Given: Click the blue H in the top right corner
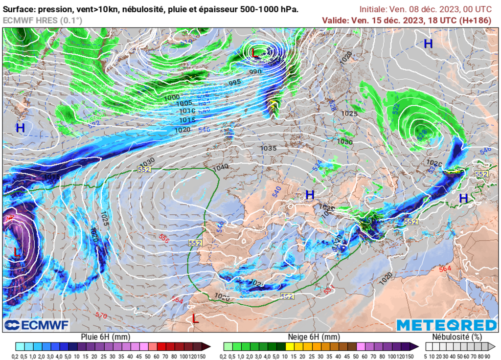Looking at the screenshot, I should pyautogui.click(x=428, y=44).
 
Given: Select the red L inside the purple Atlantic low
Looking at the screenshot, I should pyautogui.click(x=17, y=252).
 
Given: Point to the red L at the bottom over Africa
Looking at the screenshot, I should pyautogui.click(x=195, y=319).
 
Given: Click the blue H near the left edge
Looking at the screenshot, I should pyautogui.click(x=20, y=128).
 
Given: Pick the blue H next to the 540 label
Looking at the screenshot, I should pyautogui.click(x=310, y=195).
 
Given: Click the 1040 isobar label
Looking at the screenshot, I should pyautogui.click(x=221, y=167).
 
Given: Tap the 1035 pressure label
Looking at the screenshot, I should pyautogui.click(x=268, y=148).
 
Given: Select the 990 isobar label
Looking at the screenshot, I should pyautogui.click(x=255, y=72).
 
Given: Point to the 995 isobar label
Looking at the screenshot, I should pyautogui.click(x=235, y=82).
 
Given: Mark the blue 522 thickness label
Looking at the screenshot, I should pyautogui.click(x=396, y=107).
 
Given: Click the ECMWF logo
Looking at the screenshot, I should pyautogui.click(x=37, y=325).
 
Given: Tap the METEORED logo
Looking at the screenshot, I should pyautogui.click(x=446, y=325).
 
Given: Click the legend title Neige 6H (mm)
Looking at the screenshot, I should pyautogui.click(x=313, y=337).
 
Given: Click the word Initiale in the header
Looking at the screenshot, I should pyautogui.click(x=373, y=9).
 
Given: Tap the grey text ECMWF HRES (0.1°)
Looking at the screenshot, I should pyautogui.click(x=43, y=20).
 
